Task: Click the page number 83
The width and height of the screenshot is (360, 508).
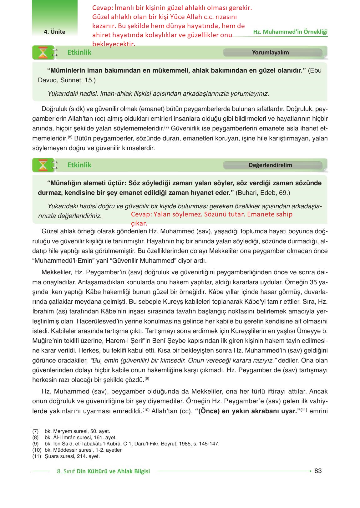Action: point(318,471)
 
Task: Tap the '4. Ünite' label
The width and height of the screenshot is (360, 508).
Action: point(54,32)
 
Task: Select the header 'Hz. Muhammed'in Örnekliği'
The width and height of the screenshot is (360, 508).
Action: point(290,32)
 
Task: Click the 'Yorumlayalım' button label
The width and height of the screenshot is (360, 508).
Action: point(270,53)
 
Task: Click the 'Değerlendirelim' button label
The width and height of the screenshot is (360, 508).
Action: point(270,165)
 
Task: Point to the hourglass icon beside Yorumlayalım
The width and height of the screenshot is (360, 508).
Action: point(43,53)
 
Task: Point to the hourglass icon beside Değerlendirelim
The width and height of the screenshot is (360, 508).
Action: point(43,165)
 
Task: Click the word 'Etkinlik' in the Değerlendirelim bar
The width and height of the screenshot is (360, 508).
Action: point(79,165)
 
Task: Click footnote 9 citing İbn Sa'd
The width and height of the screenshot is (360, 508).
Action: point(131,444)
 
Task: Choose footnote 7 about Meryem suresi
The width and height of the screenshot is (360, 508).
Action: point(77,431)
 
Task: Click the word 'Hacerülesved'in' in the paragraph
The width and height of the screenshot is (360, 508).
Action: point(99,321)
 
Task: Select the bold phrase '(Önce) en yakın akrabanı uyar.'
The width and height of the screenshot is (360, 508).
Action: point(248,411)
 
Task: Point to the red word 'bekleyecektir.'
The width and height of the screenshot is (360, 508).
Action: point(114,44)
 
